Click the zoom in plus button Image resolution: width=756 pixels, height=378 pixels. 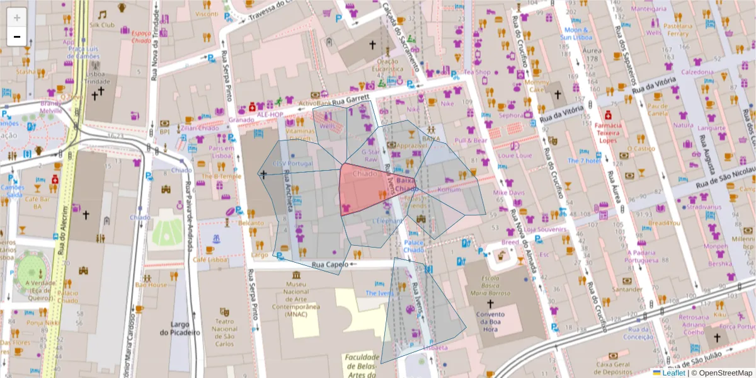click(x=17, y=18)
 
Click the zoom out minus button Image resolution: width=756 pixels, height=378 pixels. click(x=17, y=37)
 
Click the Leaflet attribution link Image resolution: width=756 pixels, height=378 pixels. click(x=675, y=372)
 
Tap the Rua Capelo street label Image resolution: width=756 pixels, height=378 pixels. click(x=329, y=265)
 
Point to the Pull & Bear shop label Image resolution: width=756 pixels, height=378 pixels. click(x=471, y=140)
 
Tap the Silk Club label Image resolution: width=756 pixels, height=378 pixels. click(x=101, y=25)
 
